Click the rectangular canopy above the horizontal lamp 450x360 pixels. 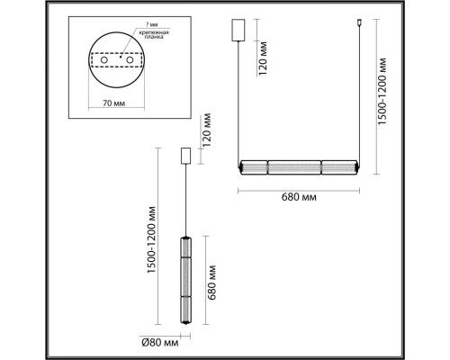coord(239,29)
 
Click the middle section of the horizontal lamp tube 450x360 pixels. coord(299,168)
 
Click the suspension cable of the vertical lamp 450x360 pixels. coord(186,198)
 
